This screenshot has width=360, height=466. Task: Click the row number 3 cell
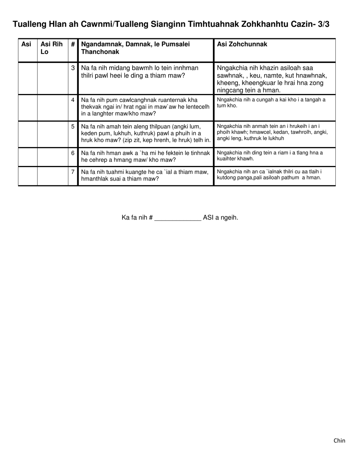tap(73, 68)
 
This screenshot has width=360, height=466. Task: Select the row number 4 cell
tap(73, 100)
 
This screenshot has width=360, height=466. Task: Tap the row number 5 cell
tap(73, 126)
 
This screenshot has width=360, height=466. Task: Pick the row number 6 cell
tap(73, 153)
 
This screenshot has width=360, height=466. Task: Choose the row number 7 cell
tap(73, 172)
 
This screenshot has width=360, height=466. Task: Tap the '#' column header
tap(73, 44)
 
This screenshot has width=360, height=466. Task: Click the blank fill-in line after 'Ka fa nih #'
tap(178, 218)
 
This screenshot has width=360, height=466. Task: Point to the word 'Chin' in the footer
tap(339, 440)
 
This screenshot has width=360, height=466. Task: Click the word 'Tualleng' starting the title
tap(30, 25)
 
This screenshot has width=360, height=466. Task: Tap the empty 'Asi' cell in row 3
tap(28, 78)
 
